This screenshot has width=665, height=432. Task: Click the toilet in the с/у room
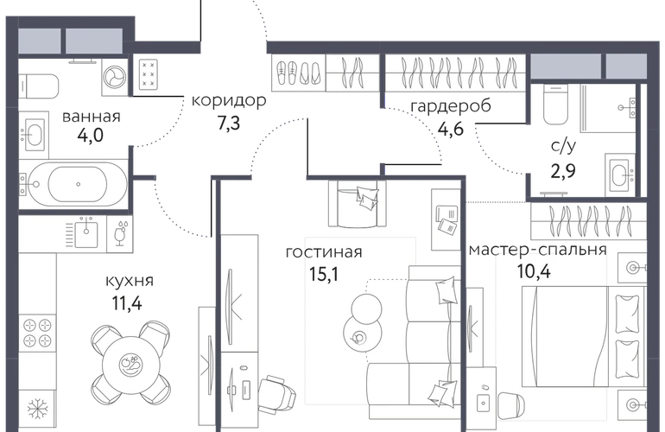click(x=554, y=105)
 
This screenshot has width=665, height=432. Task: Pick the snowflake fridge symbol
click(x=37, y=407)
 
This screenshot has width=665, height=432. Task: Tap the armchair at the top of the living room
click(x=355, y=203)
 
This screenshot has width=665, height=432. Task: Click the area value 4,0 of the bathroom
click(x=89, y=135)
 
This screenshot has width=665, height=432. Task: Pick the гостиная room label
click(x=323, y=253)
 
